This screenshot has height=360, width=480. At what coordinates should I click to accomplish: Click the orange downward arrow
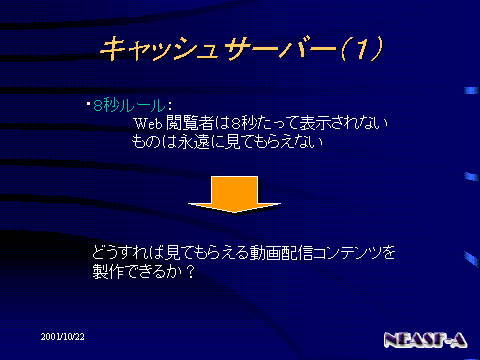tap(234, 194)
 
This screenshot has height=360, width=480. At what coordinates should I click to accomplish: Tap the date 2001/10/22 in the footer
tap(63, 337)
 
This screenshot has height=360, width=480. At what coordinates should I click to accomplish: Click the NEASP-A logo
tap(425, 340)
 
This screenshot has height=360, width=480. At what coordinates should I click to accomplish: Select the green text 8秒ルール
tap(129, 106)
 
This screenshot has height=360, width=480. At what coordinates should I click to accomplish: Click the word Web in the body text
tap(148, 124)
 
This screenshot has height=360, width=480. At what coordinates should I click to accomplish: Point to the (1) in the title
tap(363, 49)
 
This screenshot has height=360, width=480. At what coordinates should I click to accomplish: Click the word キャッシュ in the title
tap(160, 49)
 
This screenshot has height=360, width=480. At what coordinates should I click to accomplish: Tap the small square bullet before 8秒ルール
tap(88, 104)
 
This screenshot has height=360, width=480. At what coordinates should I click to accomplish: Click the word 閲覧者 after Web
tap(190, 123)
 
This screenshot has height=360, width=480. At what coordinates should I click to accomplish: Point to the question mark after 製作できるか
tap(191, 272)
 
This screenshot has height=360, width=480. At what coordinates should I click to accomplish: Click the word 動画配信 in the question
tap(281, 253)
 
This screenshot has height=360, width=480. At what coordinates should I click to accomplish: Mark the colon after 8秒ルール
tap(170, 107)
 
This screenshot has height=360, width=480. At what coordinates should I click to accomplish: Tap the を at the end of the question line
tap(388, 253)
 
